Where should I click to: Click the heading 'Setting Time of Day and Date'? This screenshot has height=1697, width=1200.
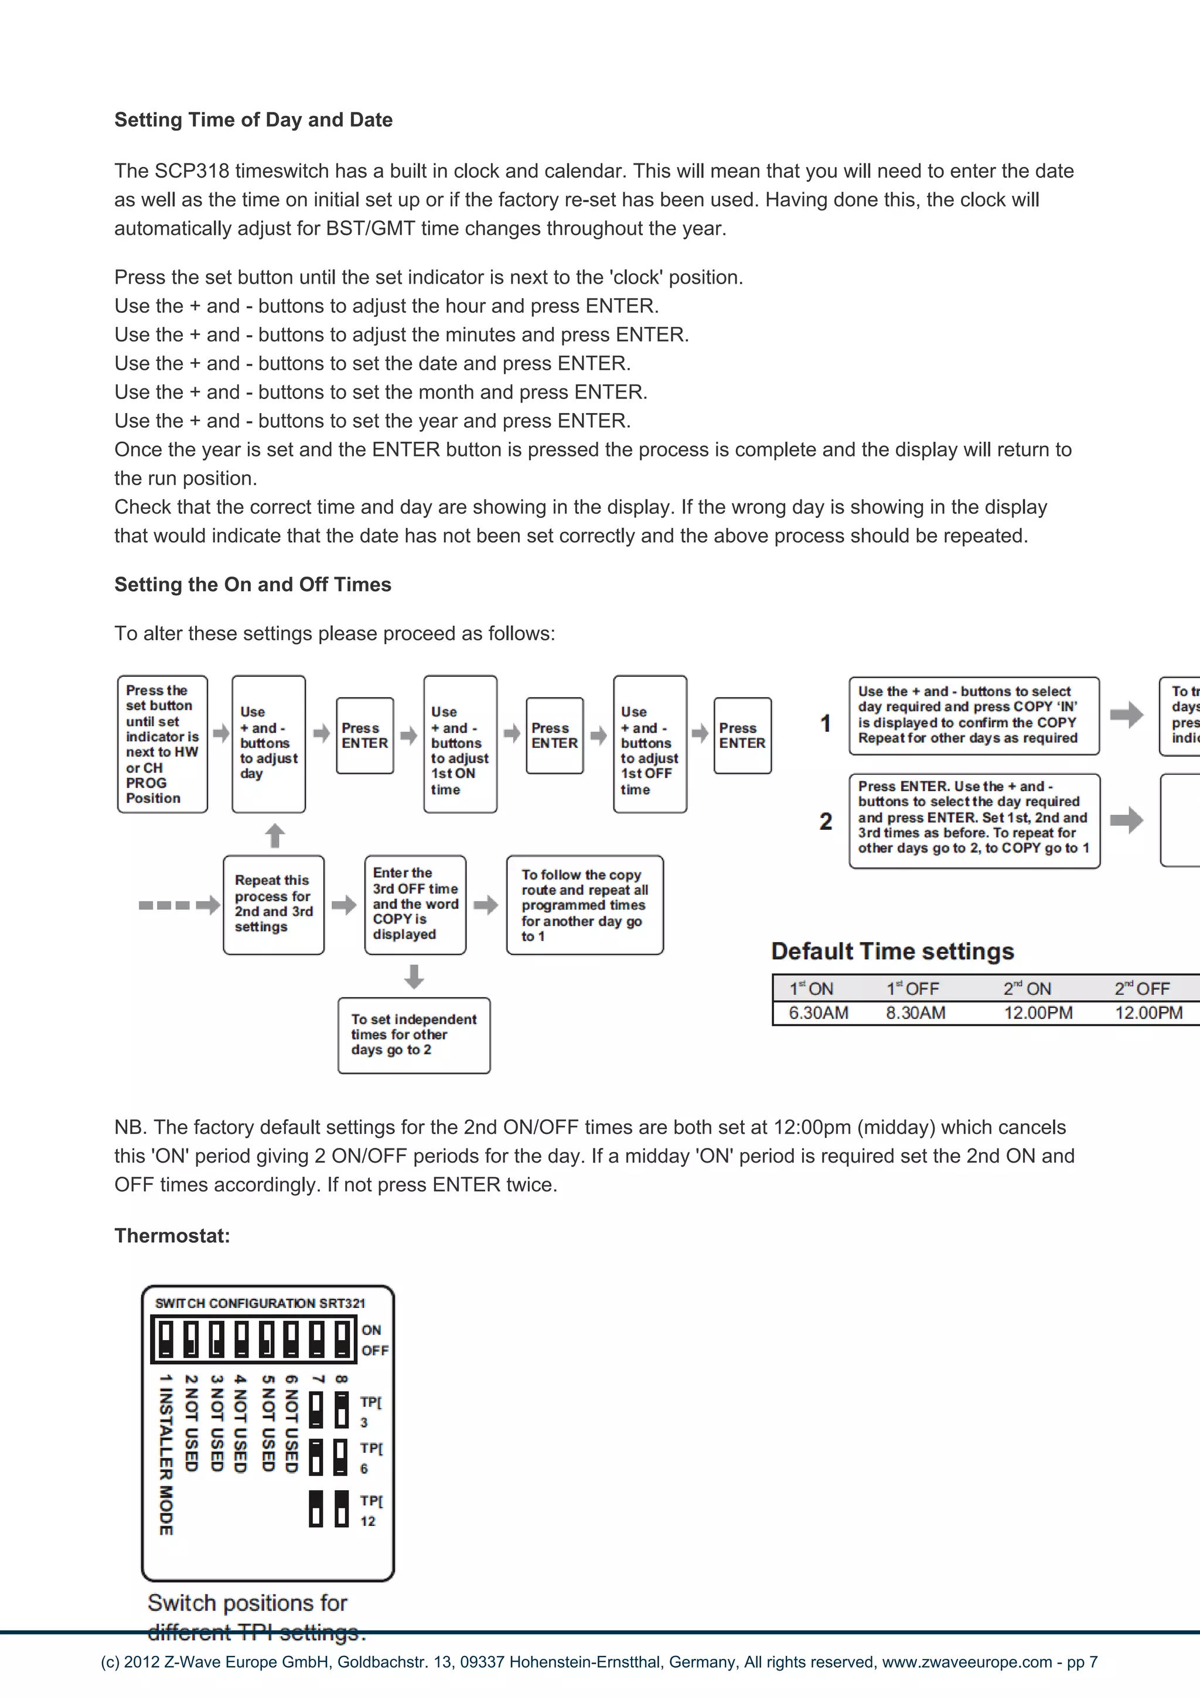pyautogui.click(x=254, y=120)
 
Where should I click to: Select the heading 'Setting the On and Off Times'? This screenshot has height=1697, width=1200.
pyautogui.click(x=253, y=585)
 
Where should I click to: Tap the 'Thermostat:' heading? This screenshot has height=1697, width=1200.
pyautogui.click(x=172, y=1236)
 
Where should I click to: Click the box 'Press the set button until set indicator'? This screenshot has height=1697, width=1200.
pyautogui.click(x=162, y=744)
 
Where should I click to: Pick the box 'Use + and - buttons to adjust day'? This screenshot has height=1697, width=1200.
pyautogui.click(x=268, y=744)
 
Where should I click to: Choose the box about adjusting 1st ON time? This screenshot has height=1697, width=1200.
pyautogui.click(x=459, y=744)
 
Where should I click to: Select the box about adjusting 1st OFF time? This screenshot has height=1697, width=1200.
pyautogui.click(x=649, y=744)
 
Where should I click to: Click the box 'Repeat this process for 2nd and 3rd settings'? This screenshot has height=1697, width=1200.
pyautogui.click(x=274, y=905)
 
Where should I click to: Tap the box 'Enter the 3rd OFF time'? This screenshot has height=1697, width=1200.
pyautogui.click(x=415, y=905)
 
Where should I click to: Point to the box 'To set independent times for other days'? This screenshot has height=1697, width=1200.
pyautogui.click(x=414, y=1035)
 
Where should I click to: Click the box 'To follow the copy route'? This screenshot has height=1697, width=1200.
pyautogui.click(x=585, y=905)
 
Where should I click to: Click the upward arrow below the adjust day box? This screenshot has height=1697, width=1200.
pyautogui.click(x=275, y=835)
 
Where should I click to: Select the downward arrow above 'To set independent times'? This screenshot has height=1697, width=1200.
pyautogui.click(x=414, y=976)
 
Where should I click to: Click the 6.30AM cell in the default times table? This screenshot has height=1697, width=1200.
pyautogui.click(x=818, y=1013)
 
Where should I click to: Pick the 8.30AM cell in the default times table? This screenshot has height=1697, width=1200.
pyautogui.click(x=915, y=1013)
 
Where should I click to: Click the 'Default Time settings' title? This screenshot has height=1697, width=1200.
pyautogui.click(x=892, y=951)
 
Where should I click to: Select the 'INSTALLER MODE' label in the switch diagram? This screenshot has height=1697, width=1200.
pyautogui.click(x=166, y=1454)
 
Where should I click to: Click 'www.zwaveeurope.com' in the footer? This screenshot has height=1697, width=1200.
pyautogui.click(x=966, y=1662)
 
